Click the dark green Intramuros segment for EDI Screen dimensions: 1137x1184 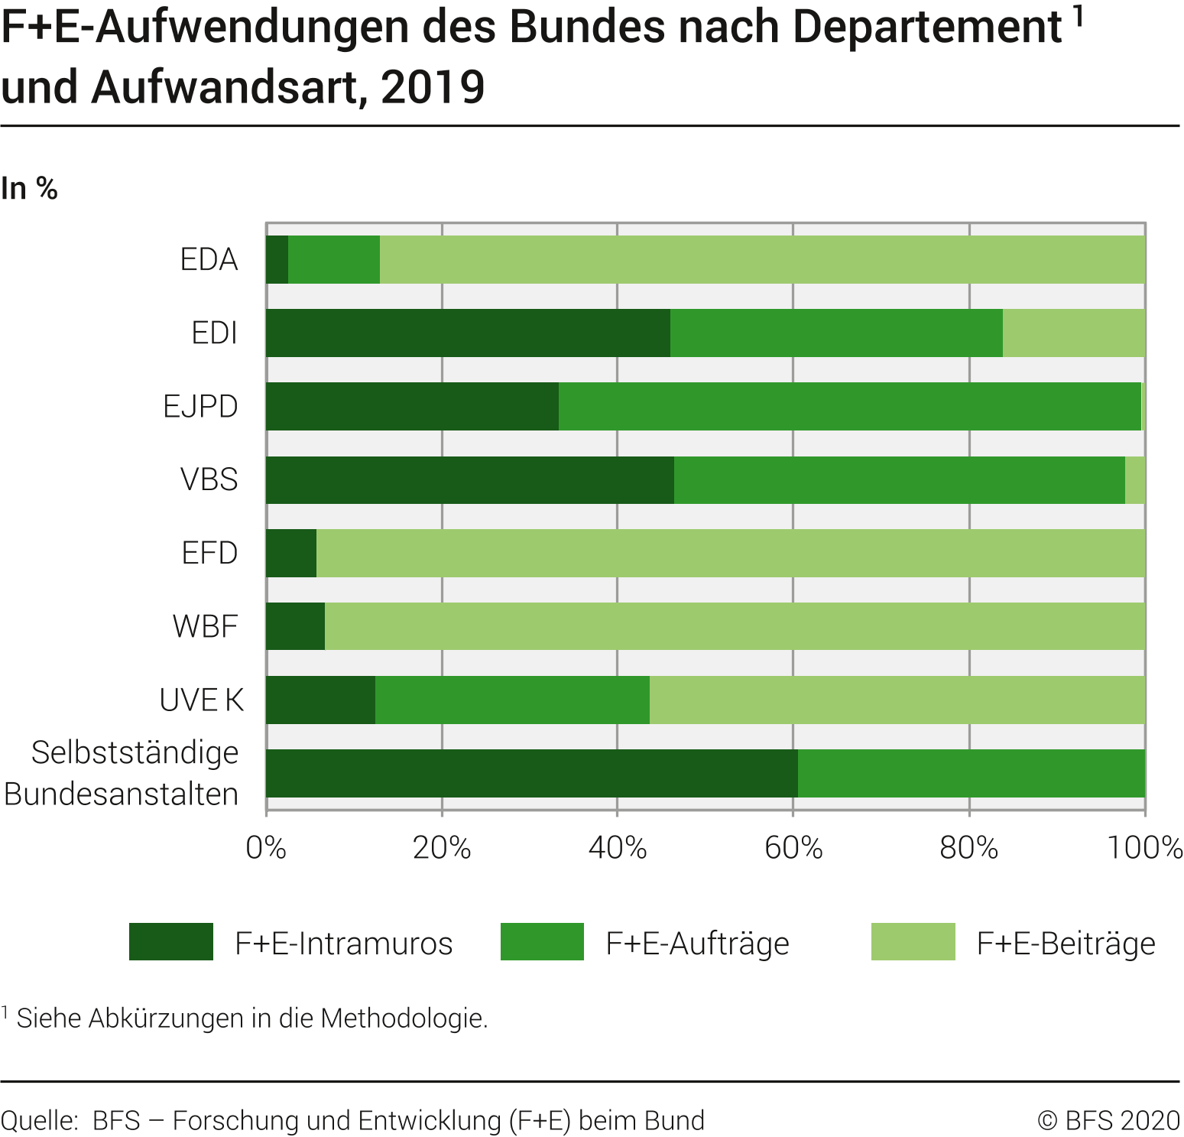468,333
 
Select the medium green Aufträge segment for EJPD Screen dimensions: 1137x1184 849,406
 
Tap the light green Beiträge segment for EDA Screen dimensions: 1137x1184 761,259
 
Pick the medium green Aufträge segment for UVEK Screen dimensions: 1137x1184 512,700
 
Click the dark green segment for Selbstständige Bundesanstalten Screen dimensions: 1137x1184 531,773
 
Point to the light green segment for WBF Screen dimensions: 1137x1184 734,626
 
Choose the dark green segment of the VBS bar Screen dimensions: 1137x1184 469,480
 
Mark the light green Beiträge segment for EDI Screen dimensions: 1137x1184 1073,333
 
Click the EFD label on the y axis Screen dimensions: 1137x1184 209,553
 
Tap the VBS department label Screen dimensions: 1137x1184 209,479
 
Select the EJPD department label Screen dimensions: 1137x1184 200,406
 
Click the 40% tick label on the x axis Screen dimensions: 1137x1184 618,848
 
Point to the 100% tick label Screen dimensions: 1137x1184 1144,848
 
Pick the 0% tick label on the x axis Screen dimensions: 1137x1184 266,848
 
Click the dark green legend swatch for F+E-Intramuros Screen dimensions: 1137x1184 170,941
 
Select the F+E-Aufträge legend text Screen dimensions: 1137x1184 697,943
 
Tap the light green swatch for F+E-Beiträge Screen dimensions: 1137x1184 913,941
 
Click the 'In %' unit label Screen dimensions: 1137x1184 29,188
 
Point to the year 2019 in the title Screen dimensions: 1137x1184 433,87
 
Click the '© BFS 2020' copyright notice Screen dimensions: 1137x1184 1108,1120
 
